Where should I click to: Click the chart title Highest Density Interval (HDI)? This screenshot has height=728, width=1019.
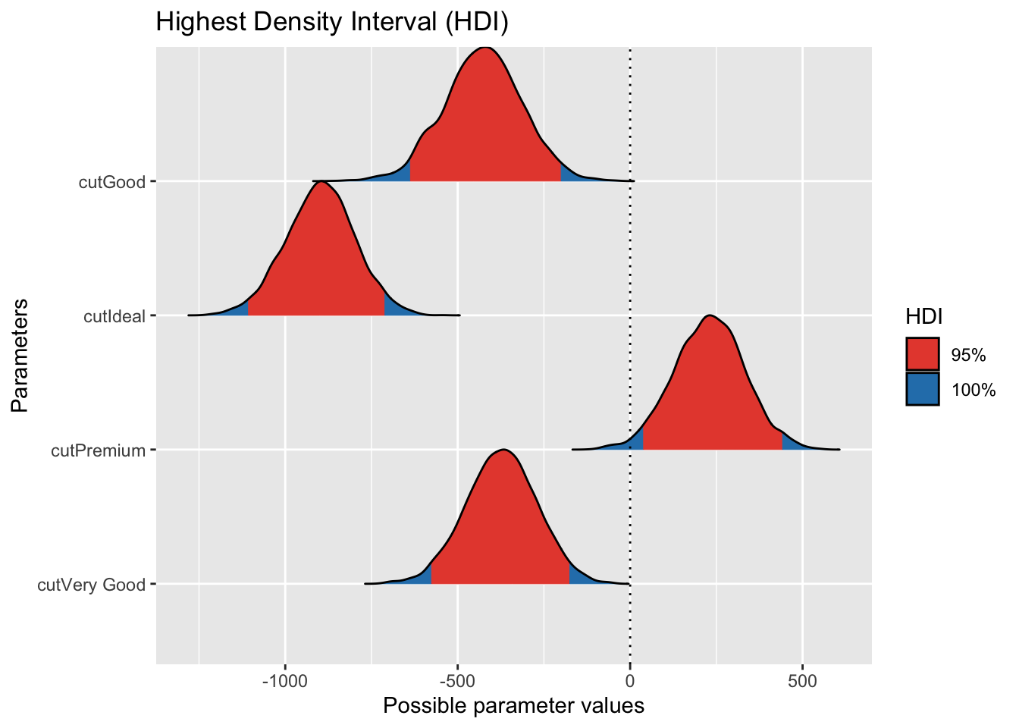click(x=331, y=23)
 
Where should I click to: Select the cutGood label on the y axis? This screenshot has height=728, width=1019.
click(x=112, y=182)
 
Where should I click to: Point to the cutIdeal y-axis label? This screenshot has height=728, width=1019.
click(x=114, y=316)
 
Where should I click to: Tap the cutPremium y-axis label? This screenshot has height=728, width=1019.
click(x=98, y=450)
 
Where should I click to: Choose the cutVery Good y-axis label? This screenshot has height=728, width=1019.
click(x=91, y=585)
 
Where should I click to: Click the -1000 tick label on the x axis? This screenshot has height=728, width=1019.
click(x=284, y=681)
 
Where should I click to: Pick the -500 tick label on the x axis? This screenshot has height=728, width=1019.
click(x=457, y=681)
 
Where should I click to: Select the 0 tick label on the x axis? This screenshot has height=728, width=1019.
click(x=629, y=681)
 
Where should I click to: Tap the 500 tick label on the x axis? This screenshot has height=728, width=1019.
click(x=802, y=681)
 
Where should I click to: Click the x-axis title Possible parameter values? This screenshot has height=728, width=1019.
click(x=513, y=706)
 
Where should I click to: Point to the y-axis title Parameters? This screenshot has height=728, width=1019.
click(x=20, y=355)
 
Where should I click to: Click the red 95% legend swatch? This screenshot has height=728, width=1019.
click(x=922, y=355)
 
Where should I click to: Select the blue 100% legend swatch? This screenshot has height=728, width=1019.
click(x=922, y=389)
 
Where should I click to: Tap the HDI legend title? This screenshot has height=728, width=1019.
click(x=923, y=317)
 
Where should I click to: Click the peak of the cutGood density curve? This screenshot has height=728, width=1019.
click(x=484, y=48)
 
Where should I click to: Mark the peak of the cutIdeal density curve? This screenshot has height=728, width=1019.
click(x=322, y=182)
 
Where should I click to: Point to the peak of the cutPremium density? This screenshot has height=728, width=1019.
click(x=709, y=316)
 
